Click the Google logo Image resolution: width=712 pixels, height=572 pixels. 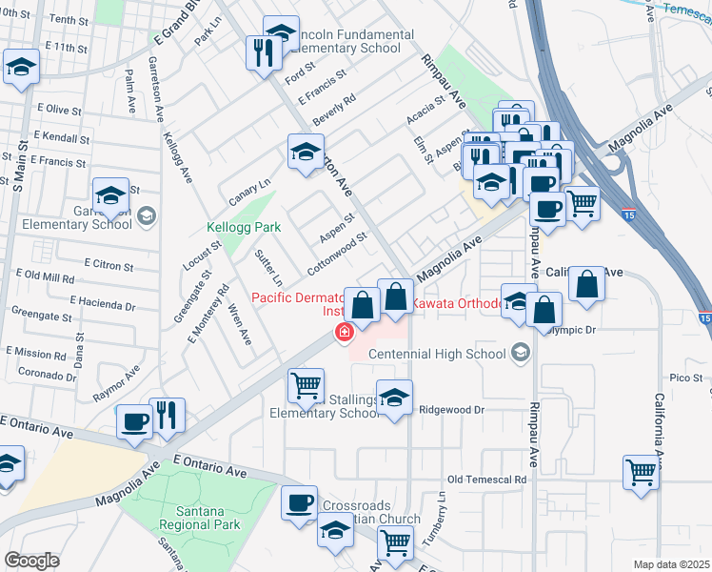[31, 561]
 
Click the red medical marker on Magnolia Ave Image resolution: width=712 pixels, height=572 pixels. [343, 333]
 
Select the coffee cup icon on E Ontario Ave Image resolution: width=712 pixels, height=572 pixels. [132, 422]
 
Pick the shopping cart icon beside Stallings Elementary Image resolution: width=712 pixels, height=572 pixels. [305, 385]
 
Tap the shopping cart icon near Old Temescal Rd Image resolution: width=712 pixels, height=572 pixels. [641, 473]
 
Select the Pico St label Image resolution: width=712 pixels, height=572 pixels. [684, 378]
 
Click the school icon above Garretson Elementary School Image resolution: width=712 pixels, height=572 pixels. [110, 195]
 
